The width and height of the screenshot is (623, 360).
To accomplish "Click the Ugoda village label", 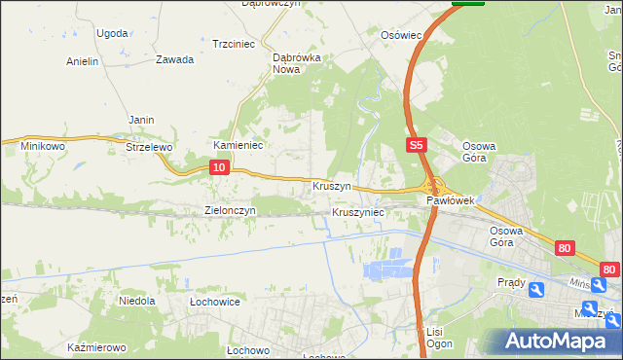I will (x=112, y=33).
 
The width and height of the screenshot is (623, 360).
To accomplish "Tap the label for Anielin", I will (x=83, y=61).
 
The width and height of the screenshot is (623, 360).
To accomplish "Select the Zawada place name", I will (x=174, y=59).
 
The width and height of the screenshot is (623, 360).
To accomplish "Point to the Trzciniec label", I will (x=233, y=44).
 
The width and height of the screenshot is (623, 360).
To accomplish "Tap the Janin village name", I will (x=142, y=120).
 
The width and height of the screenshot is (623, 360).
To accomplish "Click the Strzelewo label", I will (x=149, y=147).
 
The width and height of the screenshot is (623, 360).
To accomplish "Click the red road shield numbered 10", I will (x=219, y=168).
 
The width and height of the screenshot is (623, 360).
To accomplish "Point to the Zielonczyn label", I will (x=230, y=210).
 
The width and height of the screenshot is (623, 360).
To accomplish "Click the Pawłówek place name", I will (x=450, y=200).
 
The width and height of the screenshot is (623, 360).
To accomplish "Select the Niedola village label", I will (x=137, y=301).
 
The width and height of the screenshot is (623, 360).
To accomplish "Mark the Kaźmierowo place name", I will (x=97, y=347).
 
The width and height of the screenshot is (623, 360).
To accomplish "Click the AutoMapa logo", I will (x=556, y=342).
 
